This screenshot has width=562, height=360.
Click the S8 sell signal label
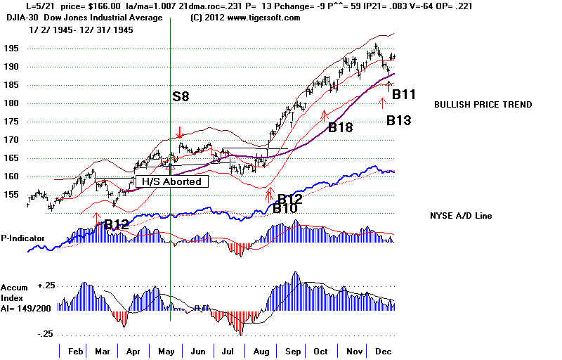(x=181, y=96)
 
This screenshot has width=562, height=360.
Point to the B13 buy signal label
(x=398, y=120)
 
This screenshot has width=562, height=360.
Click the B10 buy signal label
(x=285, y=208)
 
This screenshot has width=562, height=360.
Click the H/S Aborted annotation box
(x=171, y=181)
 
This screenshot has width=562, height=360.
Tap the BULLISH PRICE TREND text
(x=483, y=105)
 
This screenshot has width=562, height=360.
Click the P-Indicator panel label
(x=22, y=238)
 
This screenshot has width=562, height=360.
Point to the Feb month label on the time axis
(x=76, y=350)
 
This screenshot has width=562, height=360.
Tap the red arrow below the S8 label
(x=181, y=131)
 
